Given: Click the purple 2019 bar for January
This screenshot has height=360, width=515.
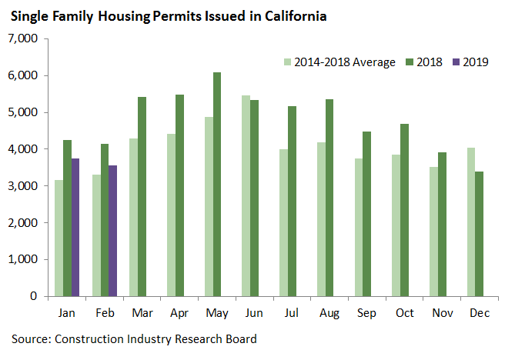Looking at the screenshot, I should (x=75, y=227).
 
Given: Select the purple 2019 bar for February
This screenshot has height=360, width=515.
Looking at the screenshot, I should (x=112, y=231).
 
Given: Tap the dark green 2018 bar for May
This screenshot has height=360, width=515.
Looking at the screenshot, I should (x=217, y=185).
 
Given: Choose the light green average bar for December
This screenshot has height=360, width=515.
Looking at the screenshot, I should (x=470, y=222).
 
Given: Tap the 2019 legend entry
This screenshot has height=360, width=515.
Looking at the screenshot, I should (x=470, y=62).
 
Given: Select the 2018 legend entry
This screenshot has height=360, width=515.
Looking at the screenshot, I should (x=424, y=62).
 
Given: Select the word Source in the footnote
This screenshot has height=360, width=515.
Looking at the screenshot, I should (x=31, y=338).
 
